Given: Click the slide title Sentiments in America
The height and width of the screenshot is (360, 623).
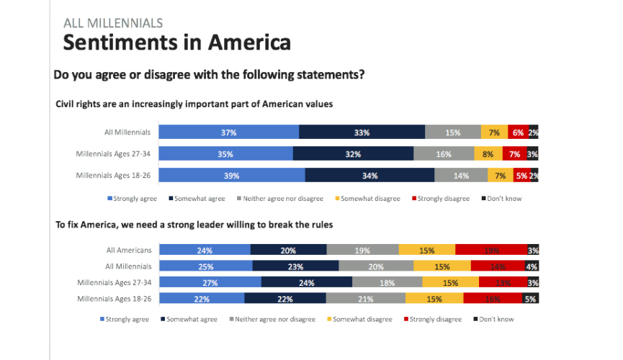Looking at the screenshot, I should [176, 42].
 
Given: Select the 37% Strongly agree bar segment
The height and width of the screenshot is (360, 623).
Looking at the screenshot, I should [228, 132].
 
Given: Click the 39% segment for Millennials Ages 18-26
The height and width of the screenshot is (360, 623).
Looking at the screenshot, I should [231, 175].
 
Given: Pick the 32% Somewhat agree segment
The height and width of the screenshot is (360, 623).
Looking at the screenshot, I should [353, 153].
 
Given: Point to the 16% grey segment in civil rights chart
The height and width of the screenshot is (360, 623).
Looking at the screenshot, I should [444, 153].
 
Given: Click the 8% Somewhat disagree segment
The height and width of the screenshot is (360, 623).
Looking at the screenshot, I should [488, 153].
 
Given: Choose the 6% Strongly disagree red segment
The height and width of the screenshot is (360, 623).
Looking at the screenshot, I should [517, 132].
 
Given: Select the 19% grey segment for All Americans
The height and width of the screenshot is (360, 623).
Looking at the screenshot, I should [362, 250].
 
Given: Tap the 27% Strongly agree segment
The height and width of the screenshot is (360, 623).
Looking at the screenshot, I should [210, 282].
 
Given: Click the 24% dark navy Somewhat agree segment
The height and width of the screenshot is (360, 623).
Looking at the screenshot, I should [306, 282].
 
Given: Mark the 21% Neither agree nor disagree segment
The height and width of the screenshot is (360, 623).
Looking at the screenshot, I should [365, 298].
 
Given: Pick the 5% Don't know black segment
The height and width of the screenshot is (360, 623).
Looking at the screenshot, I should [530, 298].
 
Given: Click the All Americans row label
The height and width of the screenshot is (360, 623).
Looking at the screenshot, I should [129, 250].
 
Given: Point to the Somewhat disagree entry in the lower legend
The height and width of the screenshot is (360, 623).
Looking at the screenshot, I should [360, 319].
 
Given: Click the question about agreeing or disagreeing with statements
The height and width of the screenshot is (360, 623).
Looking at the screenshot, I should [209, 74].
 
